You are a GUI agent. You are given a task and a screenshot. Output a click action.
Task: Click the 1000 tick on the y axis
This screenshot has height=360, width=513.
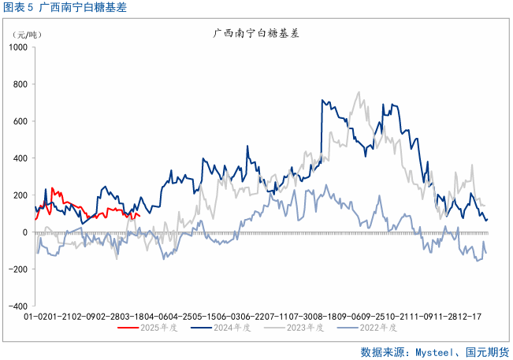point(17,47)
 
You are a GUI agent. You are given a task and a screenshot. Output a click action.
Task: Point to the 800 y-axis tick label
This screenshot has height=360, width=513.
point(19,84)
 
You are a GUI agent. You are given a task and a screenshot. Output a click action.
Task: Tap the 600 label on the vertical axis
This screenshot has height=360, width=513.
point(19,121)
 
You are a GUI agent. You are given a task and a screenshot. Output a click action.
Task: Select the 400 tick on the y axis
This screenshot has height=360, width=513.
point(19,158)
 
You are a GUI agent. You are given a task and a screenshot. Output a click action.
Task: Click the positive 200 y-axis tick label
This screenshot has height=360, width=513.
point(19,195)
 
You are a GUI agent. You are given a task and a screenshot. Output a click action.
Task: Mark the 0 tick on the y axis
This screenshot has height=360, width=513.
point(24,232)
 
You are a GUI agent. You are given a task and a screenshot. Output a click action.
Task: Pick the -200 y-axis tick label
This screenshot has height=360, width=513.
point(17,269)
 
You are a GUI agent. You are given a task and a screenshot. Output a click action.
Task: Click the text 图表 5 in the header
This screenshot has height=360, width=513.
point(19,8)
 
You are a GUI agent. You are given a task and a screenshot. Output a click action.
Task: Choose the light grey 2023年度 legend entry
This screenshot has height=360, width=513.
point(303,327)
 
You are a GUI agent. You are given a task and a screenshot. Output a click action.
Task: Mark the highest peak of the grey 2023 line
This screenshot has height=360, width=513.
point(359,91)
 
